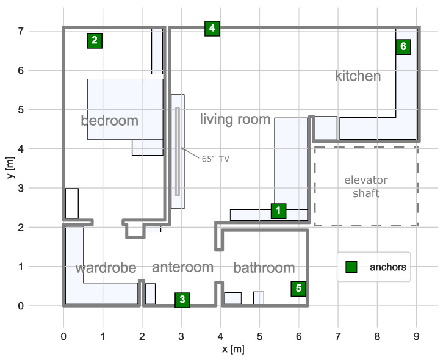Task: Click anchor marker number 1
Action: (x=278, y=211)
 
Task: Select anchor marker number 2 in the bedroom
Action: (x=94, y=40)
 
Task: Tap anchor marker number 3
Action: (x=182, y=300)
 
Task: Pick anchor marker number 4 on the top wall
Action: (x=212, y=28)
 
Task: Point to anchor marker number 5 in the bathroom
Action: (x=298, y=288)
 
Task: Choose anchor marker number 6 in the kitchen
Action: (x=403, y=46)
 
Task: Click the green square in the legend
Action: (x=351, y=267)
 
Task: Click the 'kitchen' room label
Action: (x=358, y=76)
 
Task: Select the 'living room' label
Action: (x=235, y=119)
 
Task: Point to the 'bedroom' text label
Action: (x=110, y=121)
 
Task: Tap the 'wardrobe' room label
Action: (x=106, y=268)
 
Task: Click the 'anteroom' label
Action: (x=182, y=267)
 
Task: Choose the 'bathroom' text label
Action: (x=264, y=268)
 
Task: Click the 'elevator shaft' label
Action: (x=365, y=187)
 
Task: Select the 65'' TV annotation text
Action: (x=215, y=159)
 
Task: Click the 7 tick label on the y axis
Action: (x=48, y=31)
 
